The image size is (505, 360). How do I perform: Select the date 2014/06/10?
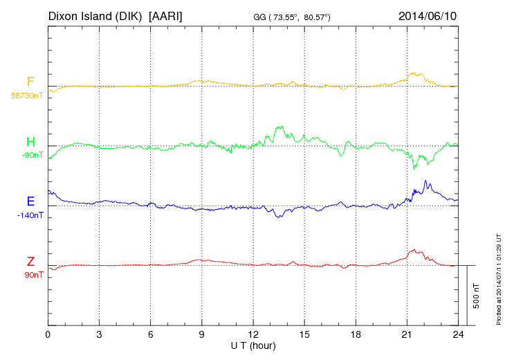(428, 15)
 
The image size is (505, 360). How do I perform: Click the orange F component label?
(30, 82)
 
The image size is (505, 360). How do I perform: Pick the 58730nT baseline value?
(26, 95)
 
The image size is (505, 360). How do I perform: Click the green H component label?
(30, 143)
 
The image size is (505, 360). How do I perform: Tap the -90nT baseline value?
(32, 155)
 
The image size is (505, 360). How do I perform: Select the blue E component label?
(30, 202)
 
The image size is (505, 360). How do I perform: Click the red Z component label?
(30, 262)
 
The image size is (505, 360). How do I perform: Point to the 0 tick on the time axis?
(48, 334)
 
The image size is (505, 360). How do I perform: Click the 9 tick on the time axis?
(202, 334)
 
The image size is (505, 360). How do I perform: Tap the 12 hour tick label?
(253, 334)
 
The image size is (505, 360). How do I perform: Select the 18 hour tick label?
(356, 334)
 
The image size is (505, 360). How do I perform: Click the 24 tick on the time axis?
(458, 334)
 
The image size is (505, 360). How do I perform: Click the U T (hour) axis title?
(252, 345)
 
